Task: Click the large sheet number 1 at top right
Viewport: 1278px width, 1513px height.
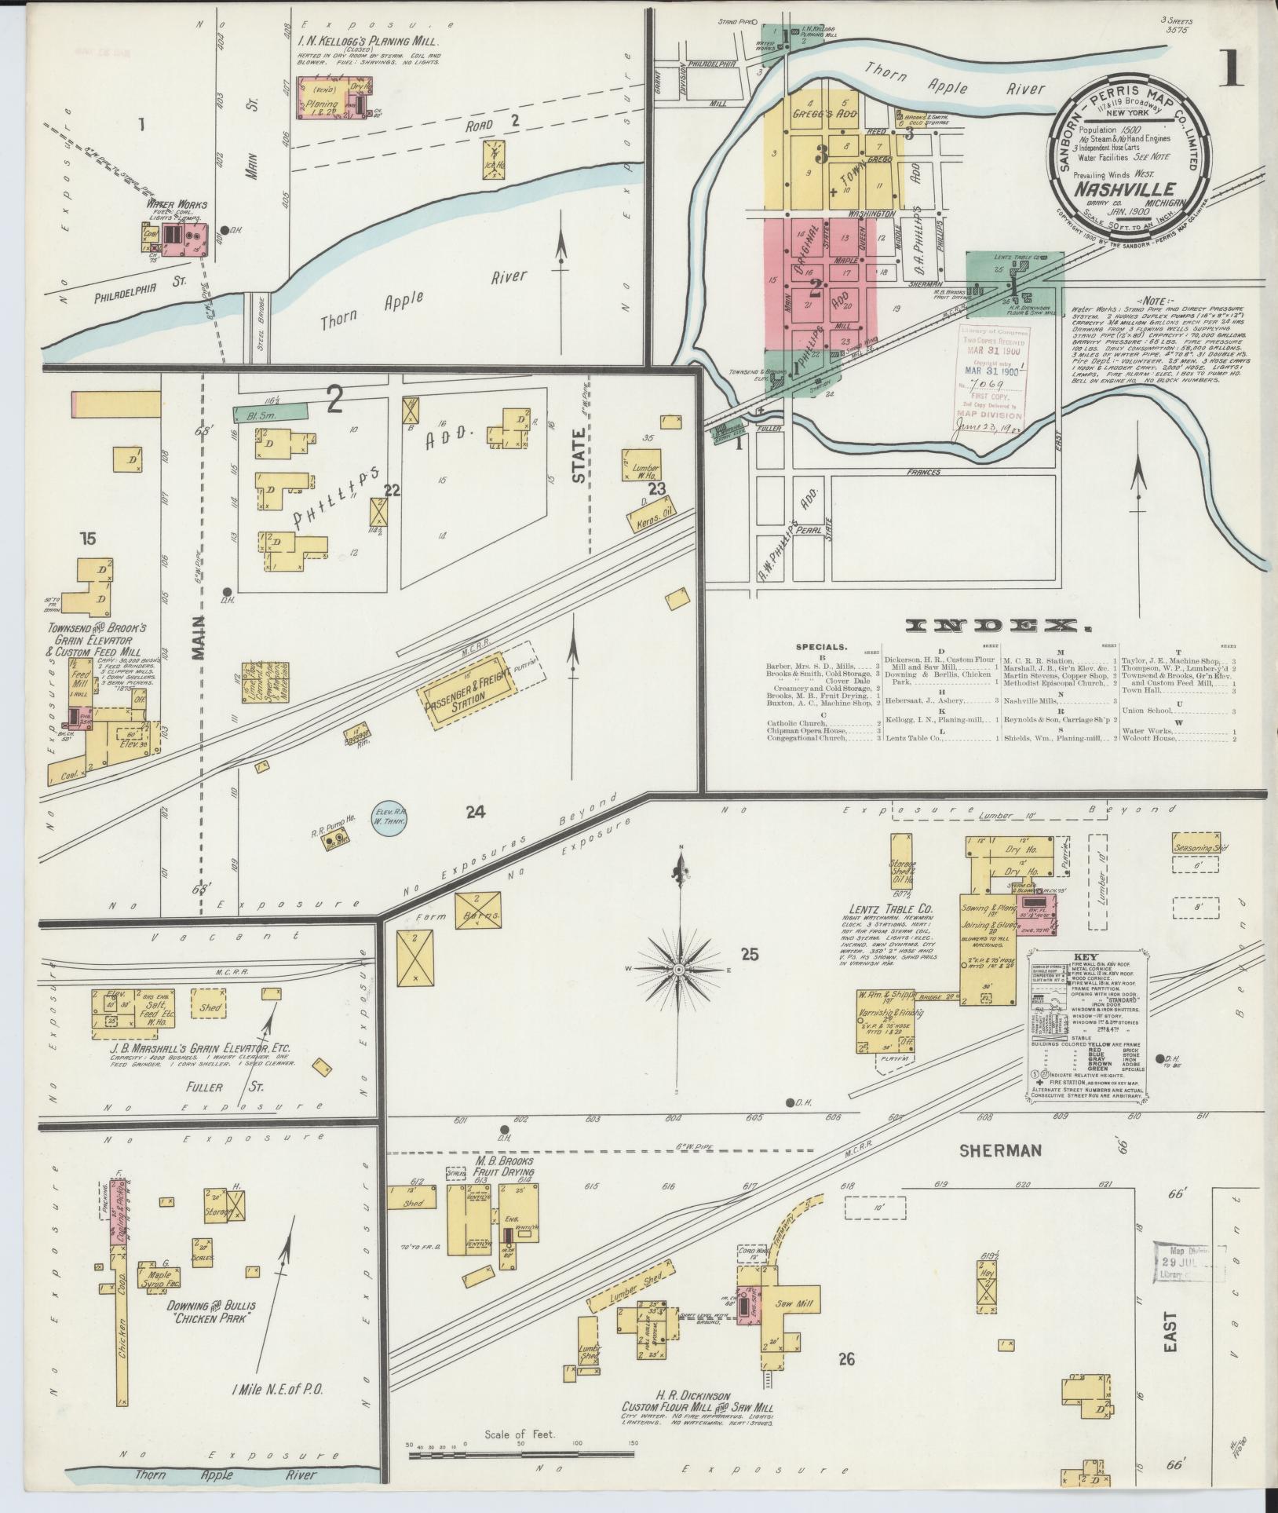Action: click(x=1230, y=71)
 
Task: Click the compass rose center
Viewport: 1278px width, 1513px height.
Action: click(x=678, y=970)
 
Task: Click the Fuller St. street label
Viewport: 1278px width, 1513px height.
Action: click(x=204, y=1087)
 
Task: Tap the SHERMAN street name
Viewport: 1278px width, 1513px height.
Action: click(x=999, y=1150)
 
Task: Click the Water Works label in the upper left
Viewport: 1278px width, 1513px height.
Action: click(x=171, y=205)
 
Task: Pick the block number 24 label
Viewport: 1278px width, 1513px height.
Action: click(x=475, y=813)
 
